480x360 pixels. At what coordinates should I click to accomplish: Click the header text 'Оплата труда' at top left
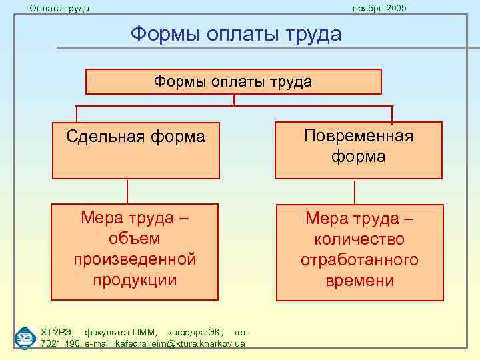pyautogui.click(x=59, y=8)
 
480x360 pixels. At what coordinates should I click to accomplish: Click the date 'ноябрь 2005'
pyautogui.click(x=379, y=8)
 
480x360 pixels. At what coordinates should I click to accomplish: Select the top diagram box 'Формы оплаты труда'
pyautogui.click(x=233, y=82)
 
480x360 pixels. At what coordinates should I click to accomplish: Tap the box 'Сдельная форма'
pyautogui.click(x=135, y=150)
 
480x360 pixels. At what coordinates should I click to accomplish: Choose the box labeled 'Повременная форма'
pyautogui.click(x=359, y=150)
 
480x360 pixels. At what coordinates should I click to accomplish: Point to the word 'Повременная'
pyautogui.click(x=359, y=136)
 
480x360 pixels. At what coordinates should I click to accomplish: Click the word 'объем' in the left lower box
pyautogui.click(x=135, y=238)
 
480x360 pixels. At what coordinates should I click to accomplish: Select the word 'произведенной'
pyautogui.click(x=135, y=259)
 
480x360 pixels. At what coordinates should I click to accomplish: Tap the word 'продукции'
pyautogui.click(x=135, y=279)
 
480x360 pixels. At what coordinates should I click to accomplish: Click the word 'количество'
pyautogui.click(x=359, y=239)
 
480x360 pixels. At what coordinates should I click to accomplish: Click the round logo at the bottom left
pyautogui.click(x=25, y=337)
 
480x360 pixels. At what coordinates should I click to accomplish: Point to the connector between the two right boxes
pyautogui.click(x=355, y=191)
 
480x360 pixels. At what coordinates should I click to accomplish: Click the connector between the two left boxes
pyautogui.click(x=136, y=191)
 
